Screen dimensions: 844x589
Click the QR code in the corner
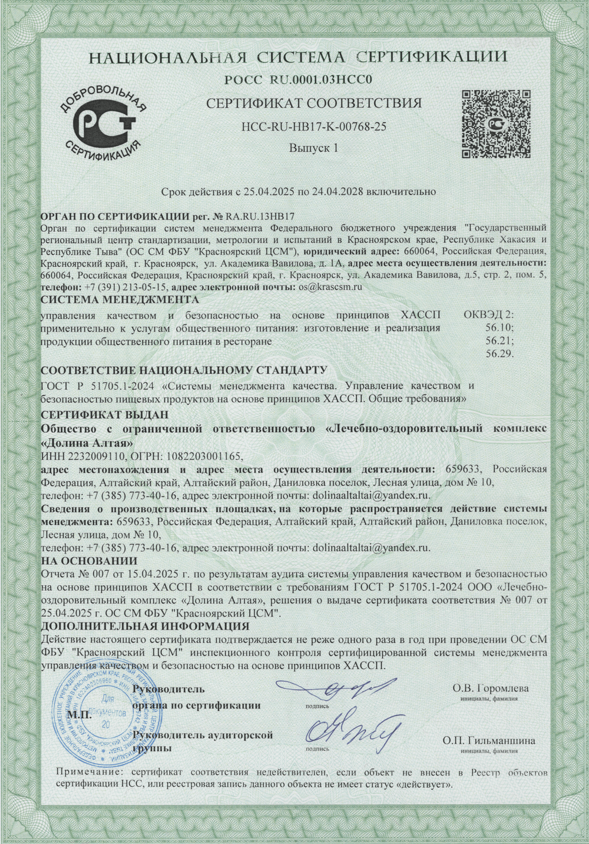[x=495, y=124]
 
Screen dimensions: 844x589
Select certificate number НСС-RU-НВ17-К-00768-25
[x=314, y=126]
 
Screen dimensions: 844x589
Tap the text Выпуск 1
[x=314, y=148]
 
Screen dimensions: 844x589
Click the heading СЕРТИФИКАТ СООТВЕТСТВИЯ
[x=314, y=103]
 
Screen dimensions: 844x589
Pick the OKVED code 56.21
[x=499, y=341]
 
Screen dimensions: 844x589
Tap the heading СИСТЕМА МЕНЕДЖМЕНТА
[x=111, y=299]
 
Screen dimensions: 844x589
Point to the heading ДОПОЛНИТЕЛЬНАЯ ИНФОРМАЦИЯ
[x=145, y=625]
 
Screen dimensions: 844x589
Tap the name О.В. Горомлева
[x=490, y=688]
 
